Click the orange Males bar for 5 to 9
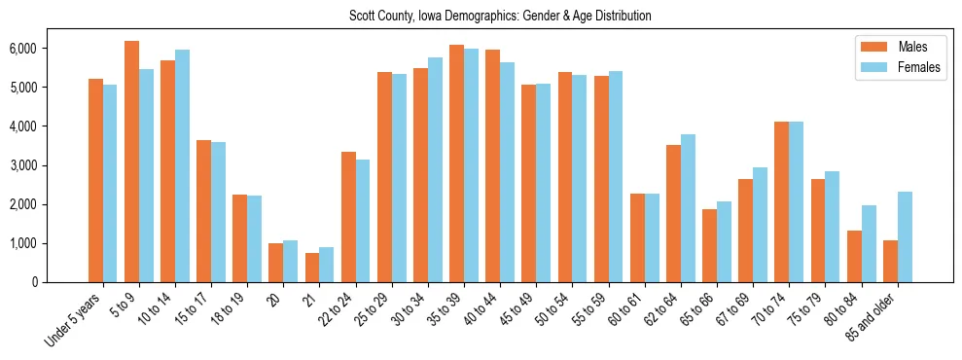point(131,162)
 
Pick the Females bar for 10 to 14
point(182,165)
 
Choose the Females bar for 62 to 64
point(688,208)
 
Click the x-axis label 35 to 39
point(445,311)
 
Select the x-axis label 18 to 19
point(229,311)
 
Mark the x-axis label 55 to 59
point(589,311)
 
